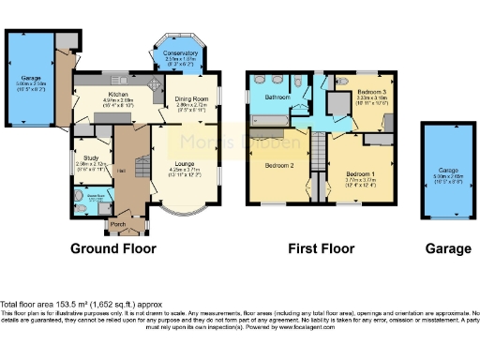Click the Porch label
click(119, 225)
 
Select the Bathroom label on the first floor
click(276, 97)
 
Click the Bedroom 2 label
click(278, 165)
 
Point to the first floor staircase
click(318, 151)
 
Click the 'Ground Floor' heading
click(113, 249)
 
